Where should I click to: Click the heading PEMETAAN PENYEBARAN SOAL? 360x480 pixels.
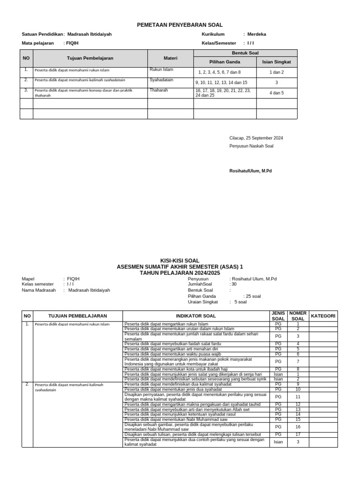180,25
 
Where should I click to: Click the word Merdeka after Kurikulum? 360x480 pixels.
257,34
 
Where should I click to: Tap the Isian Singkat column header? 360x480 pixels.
277,61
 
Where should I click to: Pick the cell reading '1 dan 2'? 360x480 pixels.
277,72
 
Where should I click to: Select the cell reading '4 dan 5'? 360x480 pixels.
277,93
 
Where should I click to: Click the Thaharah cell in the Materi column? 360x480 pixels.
158,90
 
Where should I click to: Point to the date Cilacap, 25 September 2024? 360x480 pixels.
256,138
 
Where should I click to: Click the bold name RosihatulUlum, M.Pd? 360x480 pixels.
250,171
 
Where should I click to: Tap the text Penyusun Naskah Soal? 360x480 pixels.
251,146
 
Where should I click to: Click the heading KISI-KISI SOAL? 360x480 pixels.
180,261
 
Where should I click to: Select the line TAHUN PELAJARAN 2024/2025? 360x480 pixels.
180,272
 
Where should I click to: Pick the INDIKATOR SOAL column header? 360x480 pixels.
195,316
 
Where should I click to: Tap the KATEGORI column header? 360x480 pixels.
323,316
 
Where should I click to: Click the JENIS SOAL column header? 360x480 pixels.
278,316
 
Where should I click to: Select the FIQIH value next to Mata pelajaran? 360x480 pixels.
73,43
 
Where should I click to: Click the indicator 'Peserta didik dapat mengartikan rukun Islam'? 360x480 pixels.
166,324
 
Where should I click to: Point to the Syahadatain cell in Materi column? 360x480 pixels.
161,80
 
